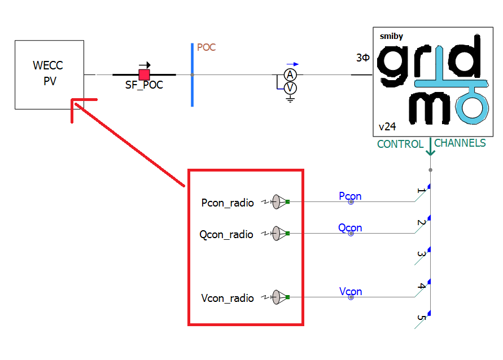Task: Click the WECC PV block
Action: pos(49,74)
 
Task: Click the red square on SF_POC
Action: pos(145,74)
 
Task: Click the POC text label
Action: pos(206,47)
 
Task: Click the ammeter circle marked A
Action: pos(290,75)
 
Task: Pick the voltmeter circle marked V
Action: pos(290,88)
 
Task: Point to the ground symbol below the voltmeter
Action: pos(290,99)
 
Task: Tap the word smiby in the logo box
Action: pos(391,37)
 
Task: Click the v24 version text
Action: pos(387,126)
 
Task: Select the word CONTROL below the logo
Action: pos(400,144)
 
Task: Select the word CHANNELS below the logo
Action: pos(460,143)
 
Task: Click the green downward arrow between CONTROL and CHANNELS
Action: pos(431,148)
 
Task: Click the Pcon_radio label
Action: pos(228,203)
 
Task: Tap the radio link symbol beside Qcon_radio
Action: pos(279,234)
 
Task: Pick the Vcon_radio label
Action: pos(228,298)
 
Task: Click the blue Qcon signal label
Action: pos(350,228)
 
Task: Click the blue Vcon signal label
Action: pos(351,292)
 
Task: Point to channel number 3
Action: pos(421,255)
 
